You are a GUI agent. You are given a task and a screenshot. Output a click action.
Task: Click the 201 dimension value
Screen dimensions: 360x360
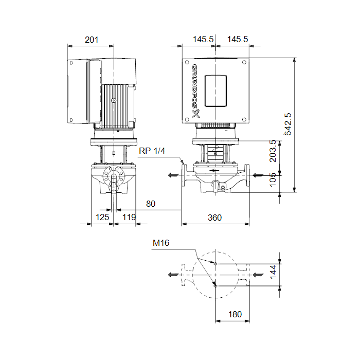[92, 40]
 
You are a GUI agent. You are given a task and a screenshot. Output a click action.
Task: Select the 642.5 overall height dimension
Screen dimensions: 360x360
[287, 124]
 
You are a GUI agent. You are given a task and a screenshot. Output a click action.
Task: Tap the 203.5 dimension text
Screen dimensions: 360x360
[273, 151]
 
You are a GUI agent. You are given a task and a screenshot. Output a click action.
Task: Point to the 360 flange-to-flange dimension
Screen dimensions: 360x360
[214, 218]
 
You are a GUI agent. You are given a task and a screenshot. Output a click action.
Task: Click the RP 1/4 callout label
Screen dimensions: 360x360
[152, 151]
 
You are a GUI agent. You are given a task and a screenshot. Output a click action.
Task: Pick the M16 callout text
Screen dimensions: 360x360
[161, 243]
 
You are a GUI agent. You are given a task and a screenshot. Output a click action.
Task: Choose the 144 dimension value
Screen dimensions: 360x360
[273, 272]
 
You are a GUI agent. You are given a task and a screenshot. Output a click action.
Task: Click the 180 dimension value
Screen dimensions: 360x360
[235, 314]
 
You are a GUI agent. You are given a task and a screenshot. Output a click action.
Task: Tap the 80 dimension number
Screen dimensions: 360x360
[151, 204]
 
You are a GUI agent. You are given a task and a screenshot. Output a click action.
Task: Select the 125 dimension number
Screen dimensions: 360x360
[102, 217]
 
